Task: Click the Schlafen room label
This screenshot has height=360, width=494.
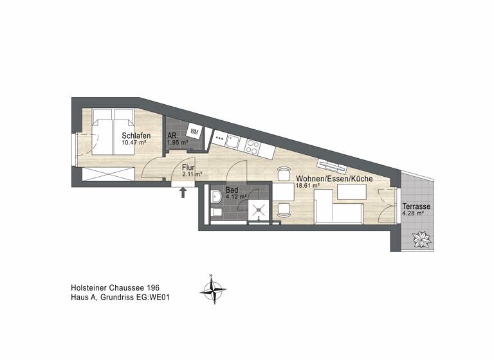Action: [x=136, y=136]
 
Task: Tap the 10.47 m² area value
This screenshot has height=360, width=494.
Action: [x=136, y=144]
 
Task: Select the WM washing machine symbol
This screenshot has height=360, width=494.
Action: [x=195, y=132]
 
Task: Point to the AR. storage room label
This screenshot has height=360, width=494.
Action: [x=172, y=136]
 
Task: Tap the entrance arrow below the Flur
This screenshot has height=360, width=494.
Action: [x=184, y=192]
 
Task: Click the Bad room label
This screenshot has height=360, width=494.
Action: [x=232, y=190]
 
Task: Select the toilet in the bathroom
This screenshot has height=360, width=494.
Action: [x=216, y=211]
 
